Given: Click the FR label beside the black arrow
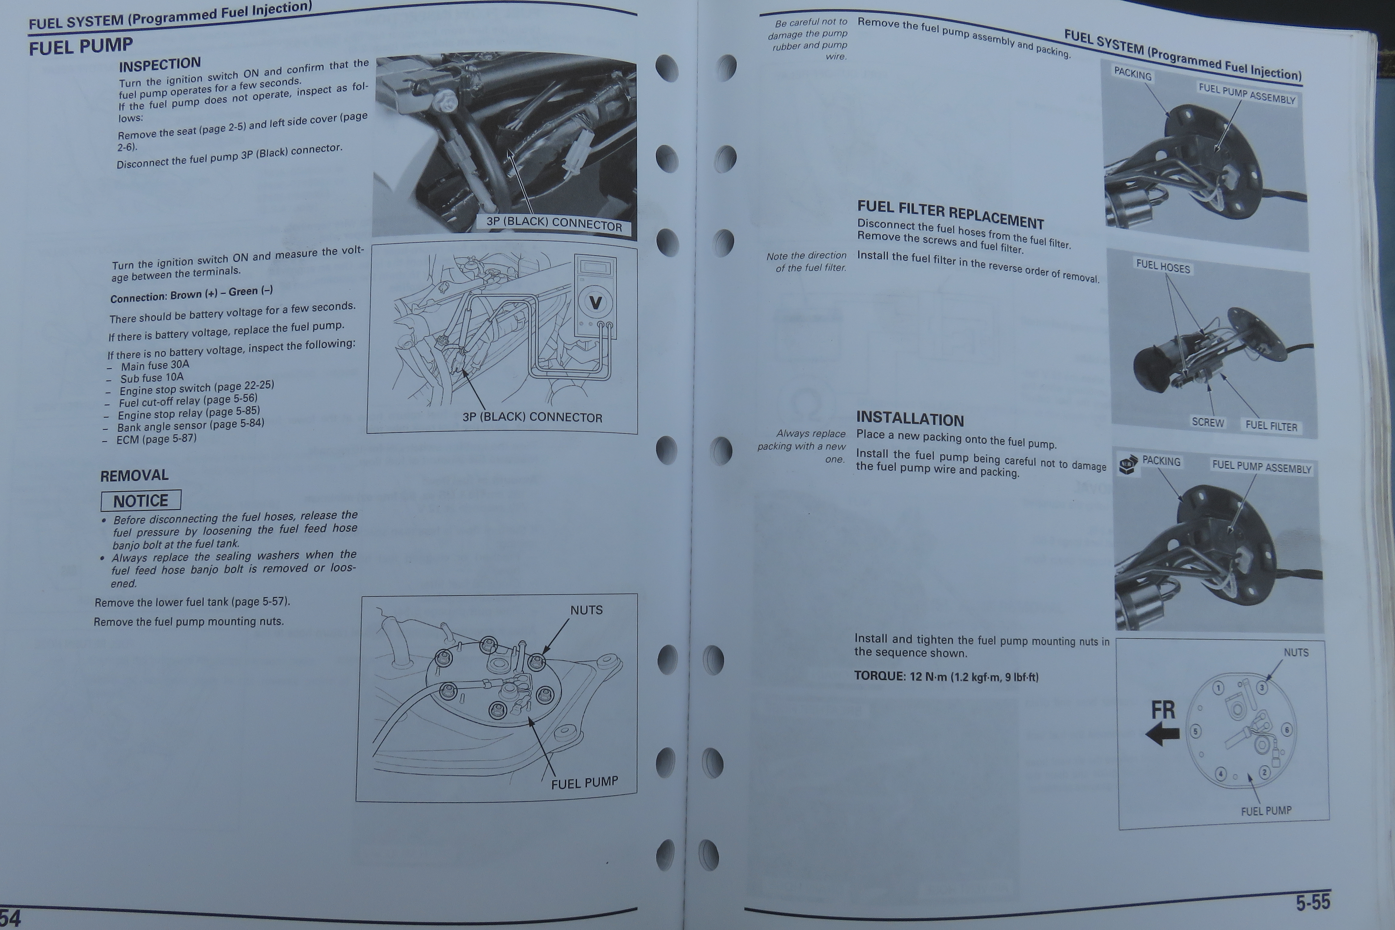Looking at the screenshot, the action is coord(1162,710).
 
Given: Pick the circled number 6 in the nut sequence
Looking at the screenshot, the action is coord(1286,730).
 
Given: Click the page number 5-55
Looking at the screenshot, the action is coord(1313,902).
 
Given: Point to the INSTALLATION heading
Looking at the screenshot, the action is coord(910,419).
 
